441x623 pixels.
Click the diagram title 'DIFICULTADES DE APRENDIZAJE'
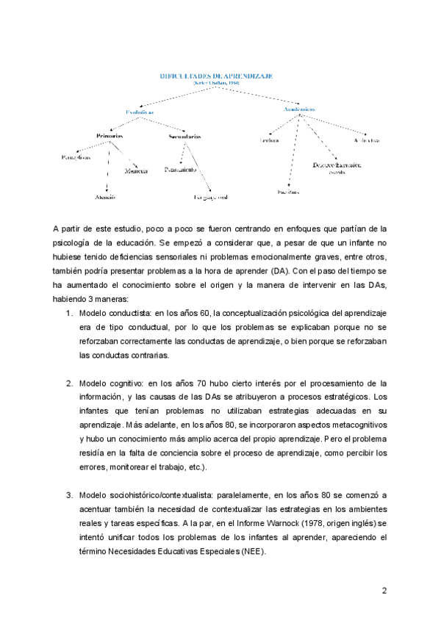click(217, 75)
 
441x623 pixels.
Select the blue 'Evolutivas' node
click(139, 112)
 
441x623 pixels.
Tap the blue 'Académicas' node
click(300, 109)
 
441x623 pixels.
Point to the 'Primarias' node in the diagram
click(109, 137)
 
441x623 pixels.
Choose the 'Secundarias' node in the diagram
click(184, 137)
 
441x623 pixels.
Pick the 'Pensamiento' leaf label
click(180, 170)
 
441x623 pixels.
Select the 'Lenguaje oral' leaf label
click(210, 198)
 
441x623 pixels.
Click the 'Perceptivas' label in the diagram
click(76, 156)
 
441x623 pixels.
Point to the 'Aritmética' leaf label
click(365, 140)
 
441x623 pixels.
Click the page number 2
click(384, 591)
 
